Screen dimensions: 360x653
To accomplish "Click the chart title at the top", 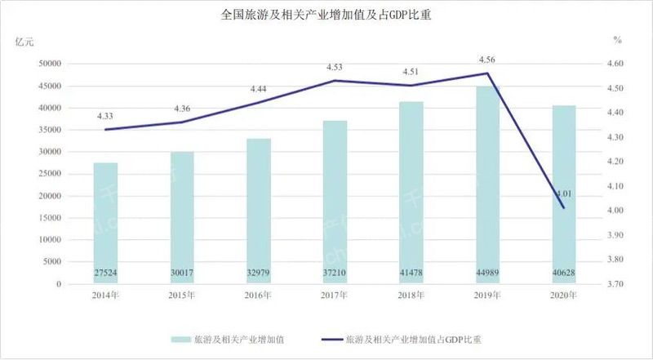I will [x=326, y=14].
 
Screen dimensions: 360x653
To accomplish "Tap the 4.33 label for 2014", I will [x=105, y=116].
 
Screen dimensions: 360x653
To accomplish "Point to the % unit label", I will [x=618, y=39].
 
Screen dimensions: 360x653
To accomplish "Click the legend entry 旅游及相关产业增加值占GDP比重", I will [x=418, y=337].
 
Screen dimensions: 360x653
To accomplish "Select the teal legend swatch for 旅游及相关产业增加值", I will [x=184, y=337].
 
